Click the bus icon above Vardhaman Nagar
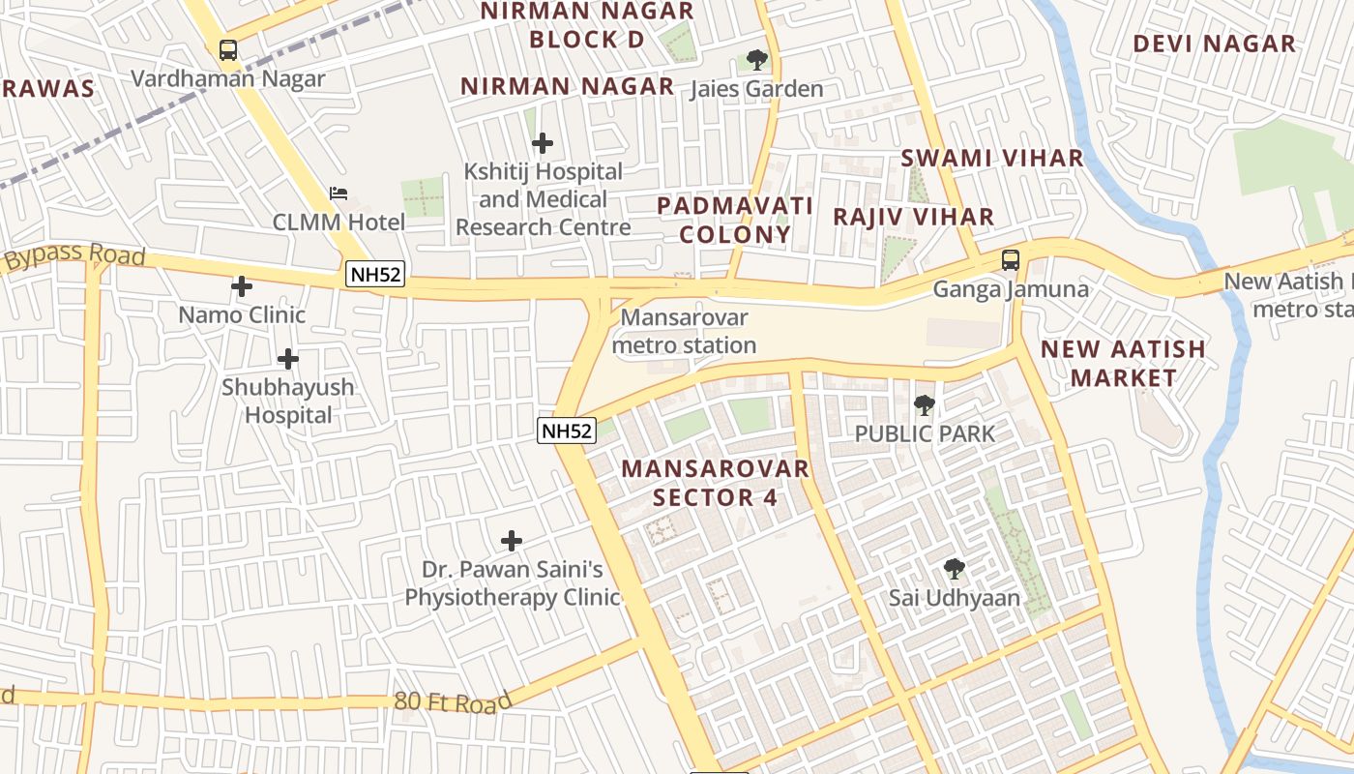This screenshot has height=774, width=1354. [228, 49]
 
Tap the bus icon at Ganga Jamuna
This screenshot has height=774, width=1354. [1011, 259]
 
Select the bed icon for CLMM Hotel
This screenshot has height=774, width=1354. [338, 193]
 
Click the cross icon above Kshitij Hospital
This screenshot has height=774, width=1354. [543, 143]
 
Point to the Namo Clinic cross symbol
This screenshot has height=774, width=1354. [242, 286]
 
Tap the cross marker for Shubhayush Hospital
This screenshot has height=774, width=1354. [287, 359]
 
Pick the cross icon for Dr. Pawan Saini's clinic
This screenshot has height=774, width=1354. [512, 541]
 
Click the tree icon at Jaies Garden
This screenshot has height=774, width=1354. [757, 60]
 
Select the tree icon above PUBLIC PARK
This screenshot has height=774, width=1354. [925, 404]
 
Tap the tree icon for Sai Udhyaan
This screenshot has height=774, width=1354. [955, 569]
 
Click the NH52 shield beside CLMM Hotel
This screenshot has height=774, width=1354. [375, 274]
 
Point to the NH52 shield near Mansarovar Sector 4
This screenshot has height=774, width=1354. [567, 431]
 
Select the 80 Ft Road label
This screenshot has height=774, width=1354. [453, 701]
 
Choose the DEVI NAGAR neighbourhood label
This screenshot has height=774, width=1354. [1214, 44]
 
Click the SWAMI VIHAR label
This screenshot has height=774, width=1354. [992, 158]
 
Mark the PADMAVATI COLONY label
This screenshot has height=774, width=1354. [735, 220]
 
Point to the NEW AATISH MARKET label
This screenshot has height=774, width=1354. [1123, 363]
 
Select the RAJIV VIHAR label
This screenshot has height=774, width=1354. [914, 217]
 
